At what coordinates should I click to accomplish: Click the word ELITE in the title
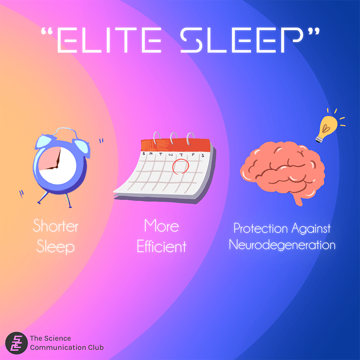(x=109, y=40)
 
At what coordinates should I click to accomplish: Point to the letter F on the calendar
(x=193, y=155)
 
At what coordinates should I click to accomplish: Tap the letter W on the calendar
(x=171, y=155)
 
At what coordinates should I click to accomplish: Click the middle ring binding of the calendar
(x=174, y=138)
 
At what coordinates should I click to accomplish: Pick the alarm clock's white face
(x=57, y=166)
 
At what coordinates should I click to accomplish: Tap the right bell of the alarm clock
(x=82, y=146)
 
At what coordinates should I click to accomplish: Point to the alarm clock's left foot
(x=43, y=198)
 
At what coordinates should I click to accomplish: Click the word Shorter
(x=56, y=226)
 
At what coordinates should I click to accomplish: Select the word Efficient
(x=161, y=247)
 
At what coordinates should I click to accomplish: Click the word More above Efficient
(x=161, y=226)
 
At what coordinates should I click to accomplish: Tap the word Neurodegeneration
(x=282, y=245)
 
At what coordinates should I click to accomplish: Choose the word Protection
(x=261, y=228)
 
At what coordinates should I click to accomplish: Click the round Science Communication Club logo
(x=16, y=343)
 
